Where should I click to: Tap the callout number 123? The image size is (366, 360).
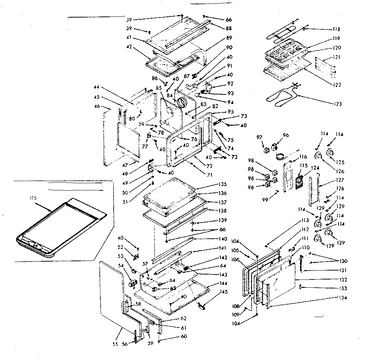point(336,104)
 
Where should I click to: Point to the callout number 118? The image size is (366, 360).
point(336,29)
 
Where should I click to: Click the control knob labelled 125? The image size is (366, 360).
point(331,153)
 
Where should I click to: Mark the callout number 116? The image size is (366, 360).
point(303,157)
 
